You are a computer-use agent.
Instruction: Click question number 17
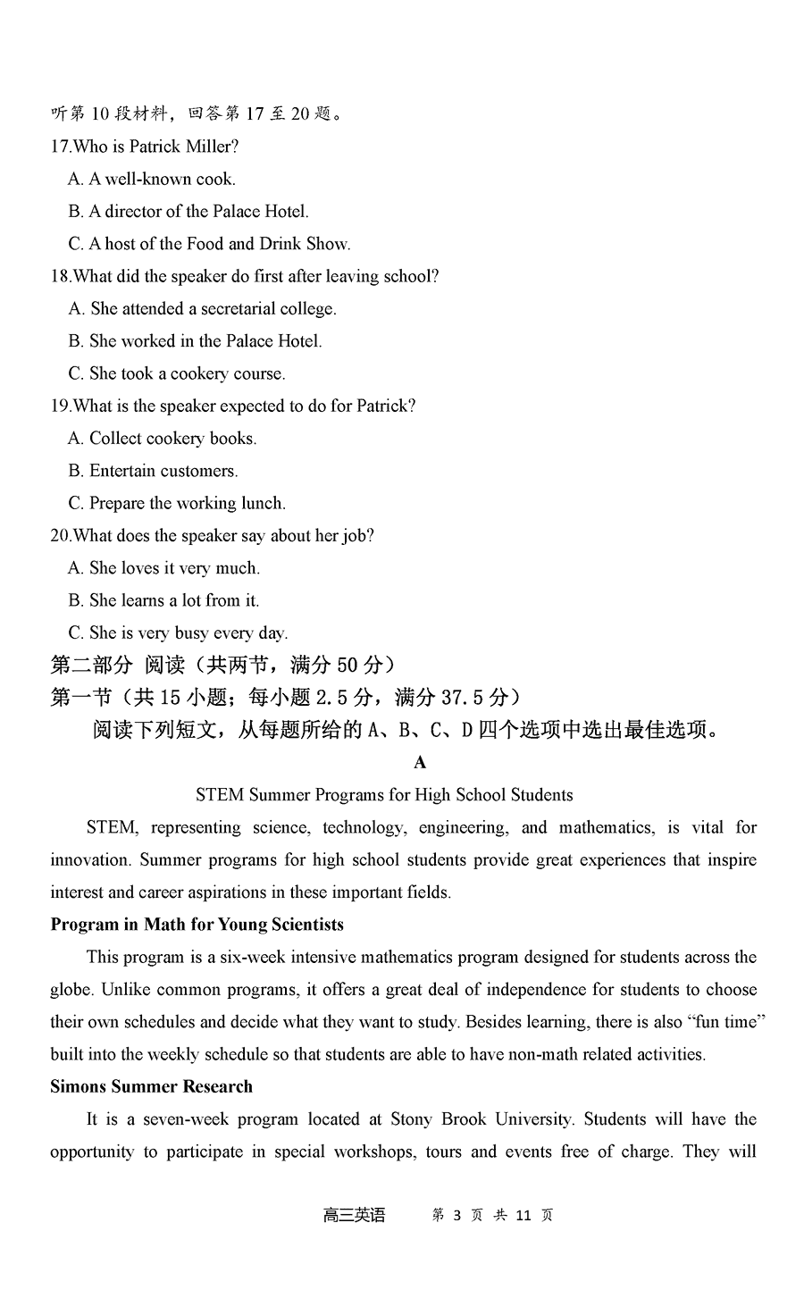click(61, 147)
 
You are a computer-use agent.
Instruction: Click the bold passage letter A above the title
click(420, 762)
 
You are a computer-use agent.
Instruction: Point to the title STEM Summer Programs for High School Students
click(384, 795)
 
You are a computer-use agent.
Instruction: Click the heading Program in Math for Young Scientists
click(197, 925)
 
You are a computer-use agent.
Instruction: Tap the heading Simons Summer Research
click(151, 1087)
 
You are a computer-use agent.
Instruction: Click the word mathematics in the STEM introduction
click(607, 827)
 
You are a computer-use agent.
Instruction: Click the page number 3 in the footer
click(457, 1215)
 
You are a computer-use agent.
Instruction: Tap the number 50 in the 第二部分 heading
click(325, 665)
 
